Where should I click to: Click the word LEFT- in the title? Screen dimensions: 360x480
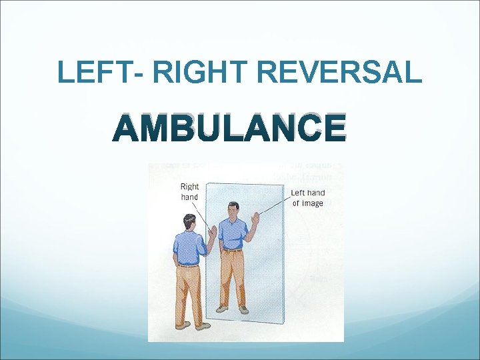93,72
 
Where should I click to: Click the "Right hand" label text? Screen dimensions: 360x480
190,191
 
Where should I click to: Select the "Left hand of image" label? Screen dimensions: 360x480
307,198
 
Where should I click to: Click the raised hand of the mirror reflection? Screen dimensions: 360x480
254,217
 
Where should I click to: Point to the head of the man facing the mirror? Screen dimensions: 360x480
189,221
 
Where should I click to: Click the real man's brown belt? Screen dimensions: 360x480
188,265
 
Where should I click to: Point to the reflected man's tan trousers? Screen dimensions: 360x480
233,277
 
